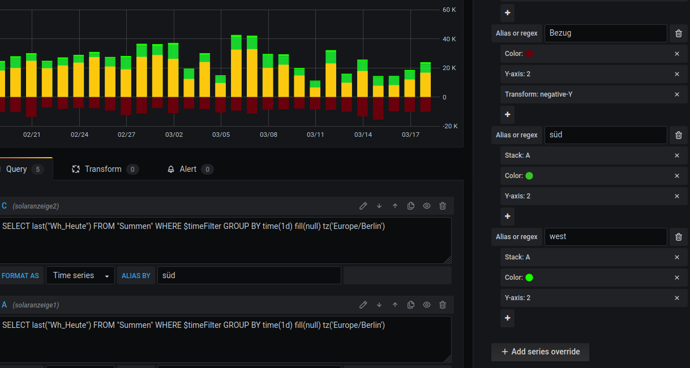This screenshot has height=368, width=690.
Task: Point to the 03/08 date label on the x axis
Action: coord(268,135)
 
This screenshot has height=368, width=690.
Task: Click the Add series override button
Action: coord(540,352)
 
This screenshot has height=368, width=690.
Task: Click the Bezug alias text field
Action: coord(606,33)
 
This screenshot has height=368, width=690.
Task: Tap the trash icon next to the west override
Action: coord(678,237)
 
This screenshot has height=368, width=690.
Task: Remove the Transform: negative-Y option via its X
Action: coord(677,94)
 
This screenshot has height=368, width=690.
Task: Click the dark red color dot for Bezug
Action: coord(529,54)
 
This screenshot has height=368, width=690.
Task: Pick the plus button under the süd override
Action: coord(508,216)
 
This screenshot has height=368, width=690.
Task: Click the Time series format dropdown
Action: coord(80,275)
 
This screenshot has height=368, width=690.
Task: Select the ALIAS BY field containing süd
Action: coord(249,275)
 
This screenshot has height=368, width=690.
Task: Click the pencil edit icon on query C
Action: coord(363,206)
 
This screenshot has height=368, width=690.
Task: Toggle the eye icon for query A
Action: coord(427,305)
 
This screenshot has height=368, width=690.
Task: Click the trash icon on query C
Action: coord(443,206)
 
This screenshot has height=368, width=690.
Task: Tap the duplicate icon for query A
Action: coord(411,305)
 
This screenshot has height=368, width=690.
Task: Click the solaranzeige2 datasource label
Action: coord(36,206)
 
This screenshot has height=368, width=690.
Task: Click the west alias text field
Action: coord(606,237)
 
